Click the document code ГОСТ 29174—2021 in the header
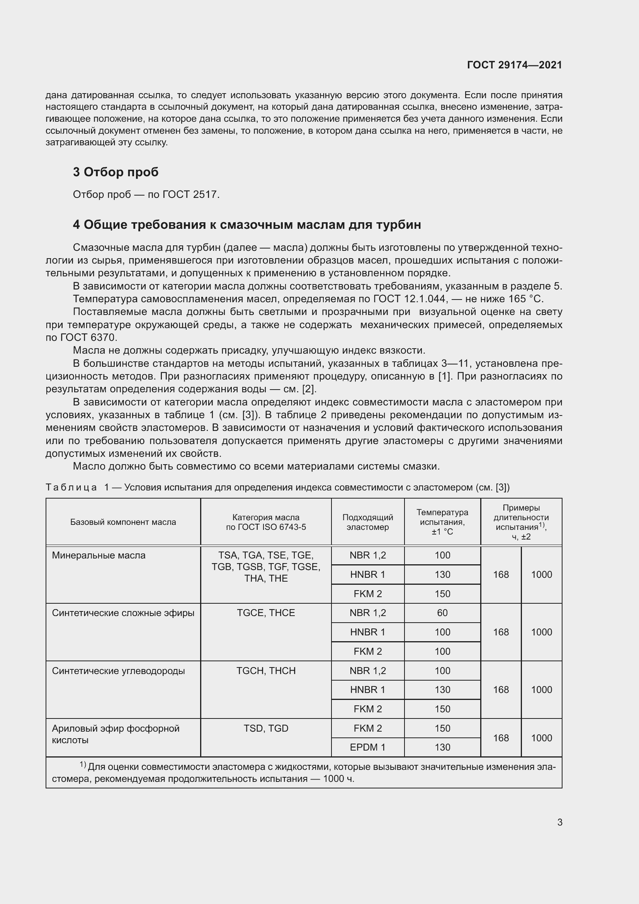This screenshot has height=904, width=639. tap(514, 65)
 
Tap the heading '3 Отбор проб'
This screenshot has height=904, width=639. tap(116, 172)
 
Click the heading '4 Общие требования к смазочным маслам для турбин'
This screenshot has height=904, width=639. tap(247, 225)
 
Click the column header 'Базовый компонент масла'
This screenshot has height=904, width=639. tap(123, 522)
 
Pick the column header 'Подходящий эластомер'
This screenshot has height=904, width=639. tap(367, 522)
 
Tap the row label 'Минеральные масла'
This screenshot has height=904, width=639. tap(99, 555)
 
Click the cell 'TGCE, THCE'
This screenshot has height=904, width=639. tap(265, 613)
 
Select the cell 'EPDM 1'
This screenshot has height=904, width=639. tap(367, 747)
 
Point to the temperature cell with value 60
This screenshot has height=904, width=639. tap(442, 613)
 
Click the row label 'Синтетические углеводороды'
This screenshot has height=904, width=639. tap(119, 671)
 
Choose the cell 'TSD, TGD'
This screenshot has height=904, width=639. tap(265, 729)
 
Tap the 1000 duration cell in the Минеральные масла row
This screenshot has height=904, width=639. tap(541, 574)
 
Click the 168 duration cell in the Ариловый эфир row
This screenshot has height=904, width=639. tap(501, 738)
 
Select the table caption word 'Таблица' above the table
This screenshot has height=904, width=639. tap(71, 487)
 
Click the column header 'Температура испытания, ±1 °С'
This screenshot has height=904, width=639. tap(442, 522)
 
